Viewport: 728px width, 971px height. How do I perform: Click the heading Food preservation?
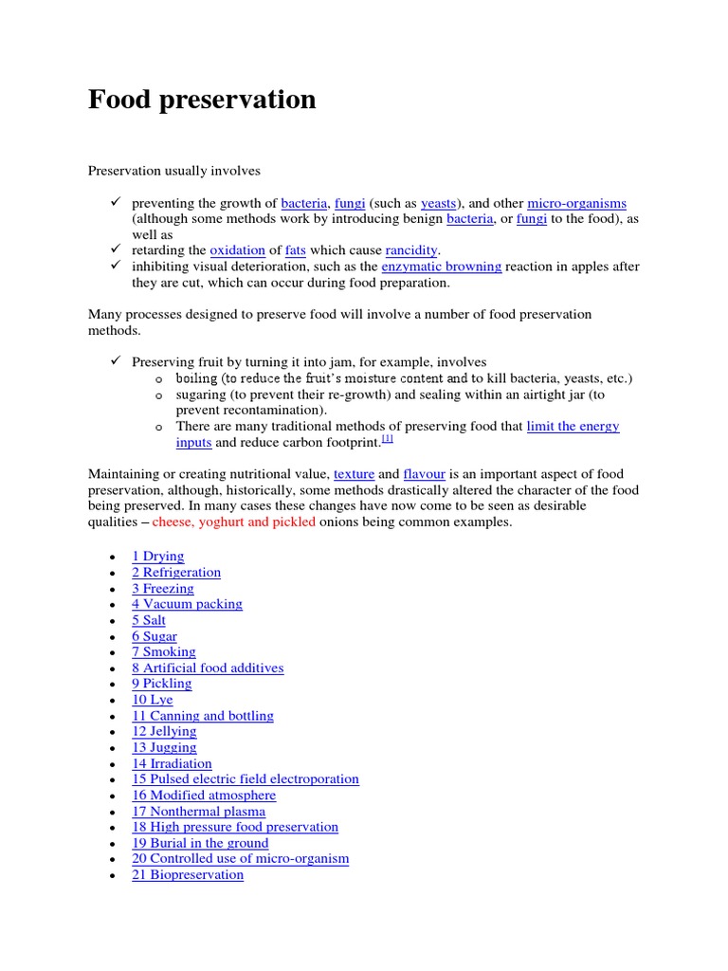click(x=202, y=100)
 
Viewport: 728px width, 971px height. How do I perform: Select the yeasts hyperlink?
click(x=438, y=203)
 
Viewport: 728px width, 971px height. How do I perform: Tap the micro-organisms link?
click(x=576, y=203)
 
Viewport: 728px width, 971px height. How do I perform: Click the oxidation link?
click(x=237, y=250)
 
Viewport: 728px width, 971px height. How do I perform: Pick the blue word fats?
click(x=296, y=250)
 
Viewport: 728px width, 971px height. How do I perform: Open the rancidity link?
click(x=411, y=250)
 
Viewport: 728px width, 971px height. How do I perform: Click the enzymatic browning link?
click(x=441, y=266)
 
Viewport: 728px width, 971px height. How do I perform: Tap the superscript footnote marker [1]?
click(x=387, y=439)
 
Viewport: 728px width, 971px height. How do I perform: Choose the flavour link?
click(x=424, y=473)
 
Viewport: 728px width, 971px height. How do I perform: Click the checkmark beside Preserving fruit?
click(x=114, y=361)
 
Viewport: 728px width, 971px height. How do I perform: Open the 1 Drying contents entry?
click(x=157, y=557)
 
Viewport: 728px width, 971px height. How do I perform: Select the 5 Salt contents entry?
click(x=149, y=620)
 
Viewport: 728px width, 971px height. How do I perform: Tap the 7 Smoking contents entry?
click(x=164, y=652)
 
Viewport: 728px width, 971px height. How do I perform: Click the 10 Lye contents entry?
click(x=153, y=700)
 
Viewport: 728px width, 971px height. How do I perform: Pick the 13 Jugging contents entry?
click(x=164, y=747)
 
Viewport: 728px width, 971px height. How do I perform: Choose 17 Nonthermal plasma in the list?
click(x=198, y=812)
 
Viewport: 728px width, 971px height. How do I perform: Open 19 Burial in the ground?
click(x=200, y=843)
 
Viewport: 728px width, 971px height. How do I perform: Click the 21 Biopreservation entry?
click(x=188, y=875)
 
